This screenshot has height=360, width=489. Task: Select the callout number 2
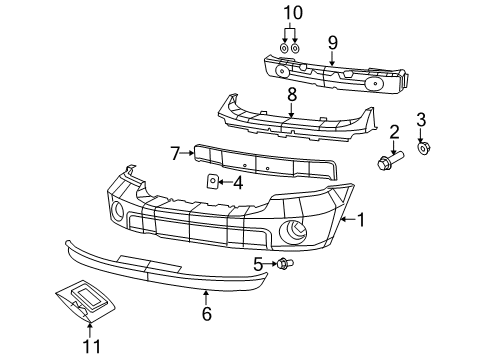395,130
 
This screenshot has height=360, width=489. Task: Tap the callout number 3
420,120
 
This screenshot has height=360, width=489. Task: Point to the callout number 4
237,182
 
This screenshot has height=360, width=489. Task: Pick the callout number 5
257,264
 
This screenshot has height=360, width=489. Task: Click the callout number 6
206,312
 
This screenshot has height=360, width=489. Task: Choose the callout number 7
175,153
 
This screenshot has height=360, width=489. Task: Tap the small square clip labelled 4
213,181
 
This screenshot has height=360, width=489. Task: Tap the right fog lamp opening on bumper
298,233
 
